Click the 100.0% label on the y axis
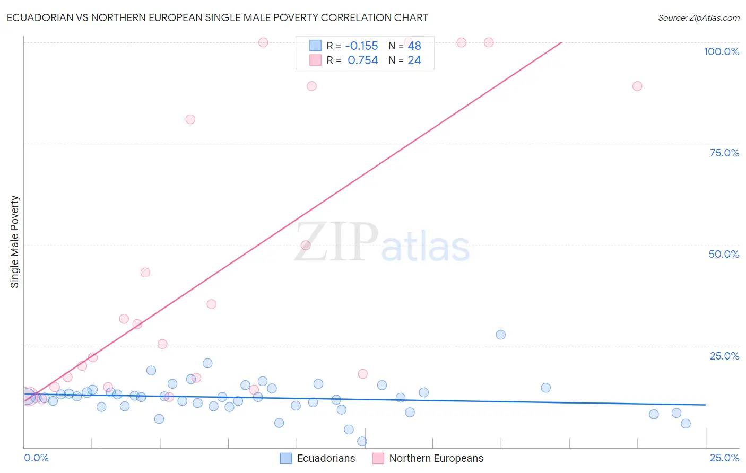tap(721, 51)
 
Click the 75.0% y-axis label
tap(724, 153)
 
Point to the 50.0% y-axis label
tap(724, 254)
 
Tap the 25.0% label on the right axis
tap(724, 356)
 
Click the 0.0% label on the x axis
tap(36, 458)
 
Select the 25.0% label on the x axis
tap(724, 458)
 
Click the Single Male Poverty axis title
tap(14, 242)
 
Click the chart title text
tap(217, 17)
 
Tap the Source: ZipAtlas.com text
tap(698, 18)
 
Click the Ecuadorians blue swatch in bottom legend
tap(286, 458)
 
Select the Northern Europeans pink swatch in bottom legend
tap(378, 458)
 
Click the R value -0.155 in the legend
tap(362, 46)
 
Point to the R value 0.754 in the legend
tap(363, 60)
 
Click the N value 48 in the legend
tap(414, 46)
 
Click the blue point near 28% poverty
tap(500, 335)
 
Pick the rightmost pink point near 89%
tap(637, 86)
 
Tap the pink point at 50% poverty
tap(306, 245)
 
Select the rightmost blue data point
tap(686, 423)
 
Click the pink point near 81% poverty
tap(190, 119)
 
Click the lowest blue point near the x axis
tap(362, 441)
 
